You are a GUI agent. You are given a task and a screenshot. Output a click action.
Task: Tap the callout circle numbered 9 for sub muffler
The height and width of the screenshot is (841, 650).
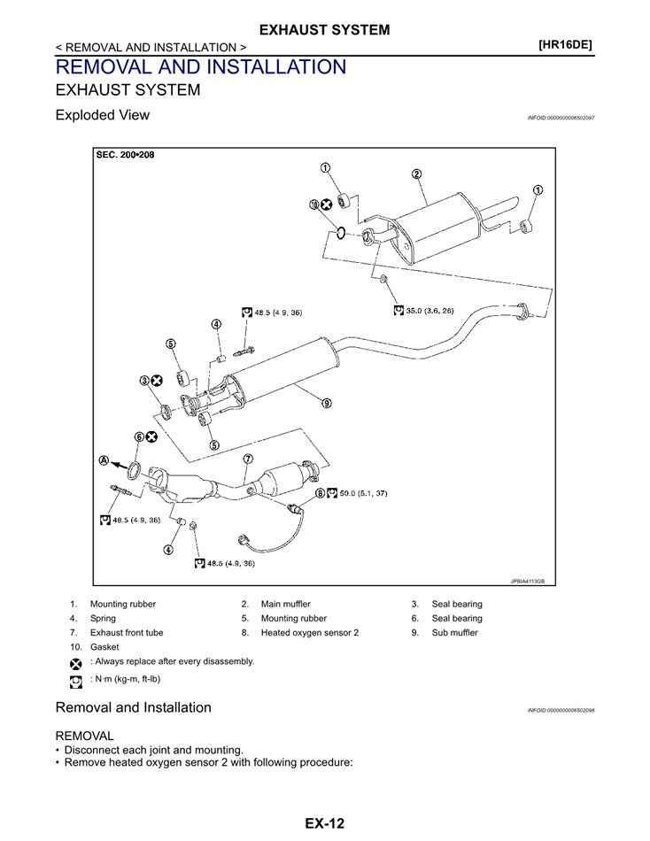coord(327,404)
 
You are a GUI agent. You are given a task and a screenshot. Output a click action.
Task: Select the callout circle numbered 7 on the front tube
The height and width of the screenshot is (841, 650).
coord(248,459)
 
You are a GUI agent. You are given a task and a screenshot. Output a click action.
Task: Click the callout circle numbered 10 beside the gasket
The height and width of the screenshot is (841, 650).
coord(313,204)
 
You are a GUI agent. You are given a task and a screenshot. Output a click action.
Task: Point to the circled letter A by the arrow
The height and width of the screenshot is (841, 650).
coord(104,461)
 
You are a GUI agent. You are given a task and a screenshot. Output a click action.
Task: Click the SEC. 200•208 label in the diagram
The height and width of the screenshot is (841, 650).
coord(125,155)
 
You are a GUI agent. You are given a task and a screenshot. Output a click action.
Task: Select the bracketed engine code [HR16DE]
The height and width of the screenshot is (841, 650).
coord(565,42)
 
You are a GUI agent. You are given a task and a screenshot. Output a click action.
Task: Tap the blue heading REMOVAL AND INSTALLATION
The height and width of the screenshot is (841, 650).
coord(200,66)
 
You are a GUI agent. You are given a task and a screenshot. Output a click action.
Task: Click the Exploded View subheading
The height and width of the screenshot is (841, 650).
coord(102,115)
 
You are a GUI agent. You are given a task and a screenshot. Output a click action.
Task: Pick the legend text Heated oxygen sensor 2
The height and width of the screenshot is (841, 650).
coord(309,633)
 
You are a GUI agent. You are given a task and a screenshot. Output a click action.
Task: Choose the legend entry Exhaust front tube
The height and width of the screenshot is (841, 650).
coord(126,633)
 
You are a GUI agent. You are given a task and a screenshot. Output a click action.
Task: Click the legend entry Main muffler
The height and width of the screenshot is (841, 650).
coord(285,604)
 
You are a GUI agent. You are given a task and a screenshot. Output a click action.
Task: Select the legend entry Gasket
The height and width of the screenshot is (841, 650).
coord(104,647)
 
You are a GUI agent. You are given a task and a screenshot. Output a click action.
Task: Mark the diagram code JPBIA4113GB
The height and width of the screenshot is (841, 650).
coord(528,582)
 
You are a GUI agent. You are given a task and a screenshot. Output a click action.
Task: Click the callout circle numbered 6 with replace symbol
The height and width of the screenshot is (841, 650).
coord(139,436)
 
